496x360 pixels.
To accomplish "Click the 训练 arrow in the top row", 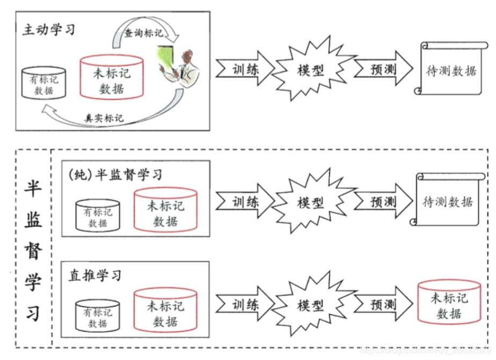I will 244,69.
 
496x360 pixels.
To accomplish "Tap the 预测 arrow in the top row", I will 382,69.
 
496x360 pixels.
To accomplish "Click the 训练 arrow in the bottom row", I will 244,305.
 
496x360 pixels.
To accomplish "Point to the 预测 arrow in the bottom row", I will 382,305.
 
